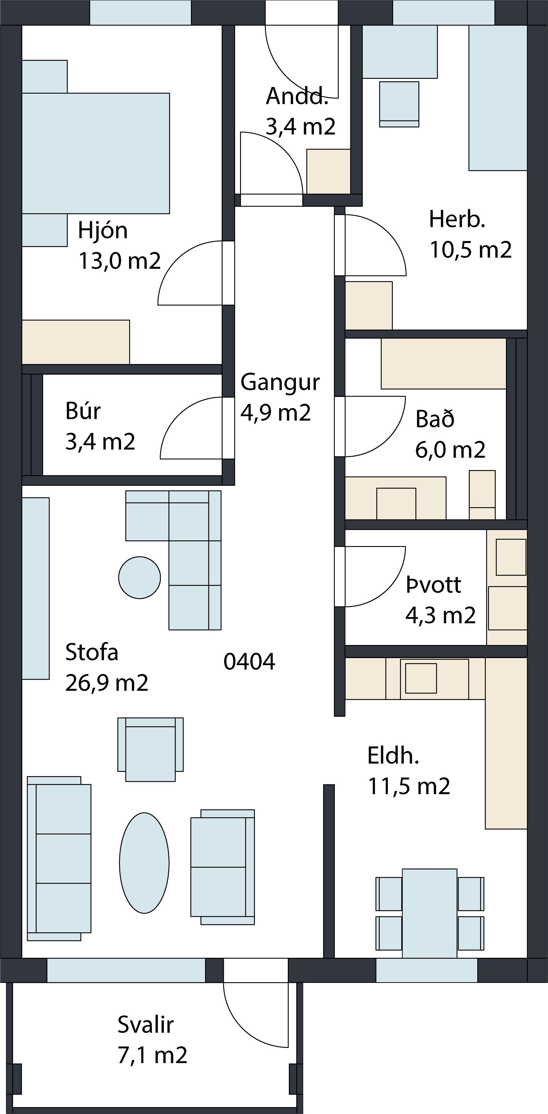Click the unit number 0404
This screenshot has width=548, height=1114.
pyautogui.click(x=249, y=662)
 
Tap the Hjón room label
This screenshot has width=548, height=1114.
pyautogui.click(x=103, y=230)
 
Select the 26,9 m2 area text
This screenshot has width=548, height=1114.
pyautogui.click(x=107, y=683)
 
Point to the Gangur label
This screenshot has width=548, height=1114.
pyautogui.click(x=280, y=382)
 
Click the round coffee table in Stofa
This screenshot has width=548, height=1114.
pyautogui.click(x=140, y=578)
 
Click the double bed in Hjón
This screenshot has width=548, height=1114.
pyautogui.click(x=95, y=153)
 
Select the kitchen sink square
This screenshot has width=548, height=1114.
pyautogui.click(x=420, y=679)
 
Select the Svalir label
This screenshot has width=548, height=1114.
pyautogui.click(x=145, y=1025)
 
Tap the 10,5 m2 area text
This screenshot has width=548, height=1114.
pyautogui.click(x=471, y=250)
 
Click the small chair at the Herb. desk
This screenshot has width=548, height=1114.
pyautogui.click(x=399, y=104)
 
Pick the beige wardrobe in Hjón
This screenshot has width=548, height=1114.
pyautogui.click(x=76, y=342)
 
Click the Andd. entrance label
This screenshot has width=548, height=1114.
pyautogui.click(x=297, y=96)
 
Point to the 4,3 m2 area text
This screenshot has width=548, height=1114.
pyautogui.click(x=440, y=615)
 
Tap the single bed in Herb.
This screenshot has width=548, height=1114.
pyautogui.click(x=498, y=98)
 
